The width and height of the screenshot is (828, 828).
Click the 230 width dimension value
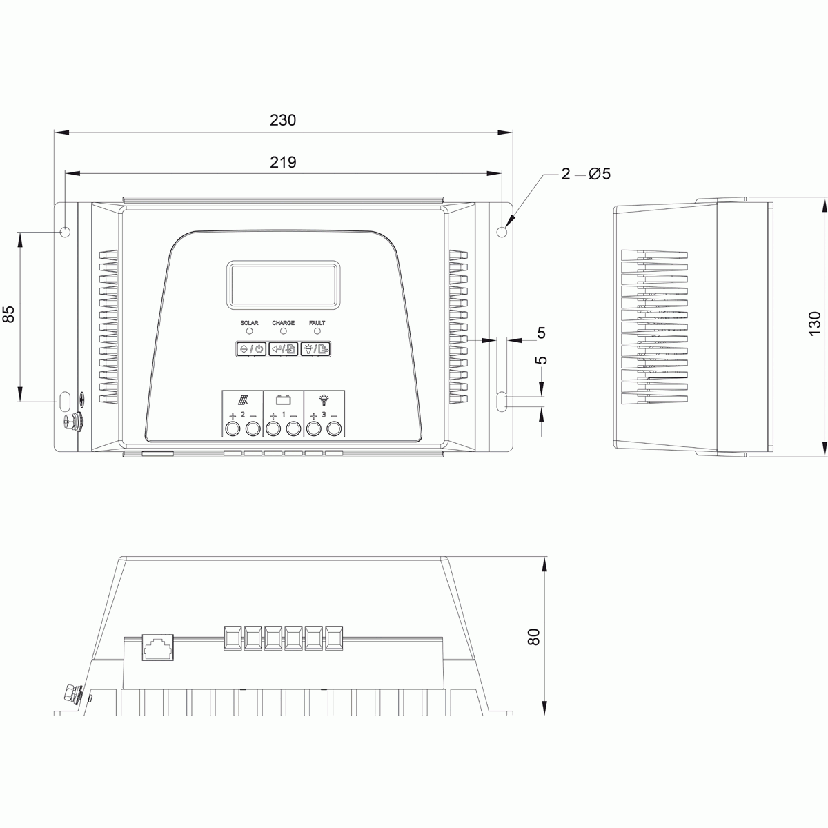[283, 119]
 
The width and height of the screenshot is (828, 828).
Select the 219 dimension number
[283, 162]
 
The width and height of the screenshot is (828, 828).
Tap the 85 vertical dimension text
[8, 315]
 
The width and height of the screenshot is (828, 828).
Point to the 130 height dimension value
[815, 323]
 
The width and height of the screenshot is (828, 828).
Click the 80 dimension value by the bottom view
[533, 636]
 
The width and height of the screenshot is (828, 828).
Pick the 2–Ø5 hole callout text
[586, 174]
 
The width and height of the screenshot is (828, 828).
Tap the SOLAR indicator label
[249, 323]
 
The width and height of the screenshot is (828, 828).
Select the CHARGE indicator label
[283, 323]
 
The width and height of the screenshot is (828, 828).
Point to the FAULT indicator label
[317, 323]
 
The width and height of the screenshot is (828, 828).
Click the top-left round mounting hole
[66, 231]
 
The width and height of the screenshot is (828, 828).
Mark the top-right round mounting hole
[502, 230]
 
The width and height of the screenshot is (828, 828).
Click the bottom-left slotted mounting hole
[65, 401]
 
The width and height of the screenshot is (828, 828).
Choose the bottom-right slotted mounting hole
[502, 401]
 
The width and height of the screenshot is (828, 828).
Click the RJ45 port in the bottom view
[158, 647]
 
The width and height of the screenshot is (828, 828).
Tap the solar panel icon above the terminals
[244, 400]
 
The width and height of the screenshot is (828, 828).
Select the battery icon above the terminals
[283, 399]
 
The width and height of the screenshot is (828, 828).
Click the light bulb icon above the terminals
[324, 399]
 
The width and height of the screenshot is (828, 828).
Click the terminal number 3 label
[324, 415]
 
